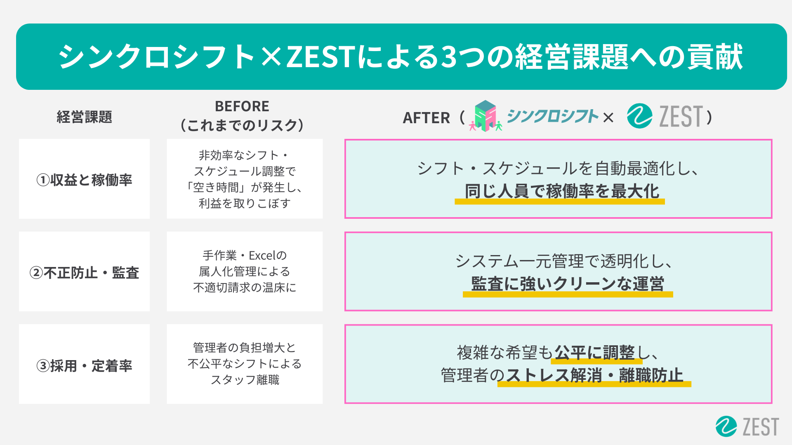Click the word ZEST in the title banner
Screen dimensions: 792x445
(x=321, y=57)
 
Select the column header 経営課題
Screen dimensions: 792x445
(x=84, y=117)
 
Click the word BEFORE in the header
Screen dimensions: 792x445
(x=242, y=106)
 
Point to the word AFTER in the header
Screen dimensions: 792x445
(x=426, y=118)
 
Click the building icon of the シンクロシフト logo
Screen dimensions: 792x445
(x=485, y=116)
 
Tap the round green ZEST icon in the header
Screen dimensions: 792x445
(x=639, y=116)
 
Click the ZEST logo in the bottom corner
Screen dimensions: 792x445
(x=747, y=426)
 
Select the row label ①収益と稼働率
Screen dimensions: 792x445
(x=84, y=180)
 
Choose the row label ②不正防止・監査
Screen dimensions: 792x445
(x=84, y=273)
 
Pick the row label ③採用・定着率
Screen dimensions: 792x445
(x=84, y=366)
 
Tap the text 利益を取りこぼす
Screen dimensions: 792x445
(x=245, y=204)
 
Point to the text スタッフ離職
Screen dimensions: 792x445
(x=245, y=379)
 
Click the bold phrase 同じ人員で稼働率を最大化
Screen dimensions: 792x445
(x=562, y=192)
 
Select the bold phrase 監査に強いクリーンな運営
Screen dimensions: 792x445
(x=568, y=284)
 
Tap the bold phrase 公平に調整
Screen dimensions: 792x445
(x=594, y=353)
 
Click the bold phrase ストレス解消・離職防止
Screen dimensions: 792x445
(x=594, y=375)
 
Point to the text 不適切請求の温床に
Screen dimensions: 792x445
(x=245, y=288)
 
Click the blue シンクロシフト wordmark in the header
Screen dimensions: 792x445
(x=552, y=116)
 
